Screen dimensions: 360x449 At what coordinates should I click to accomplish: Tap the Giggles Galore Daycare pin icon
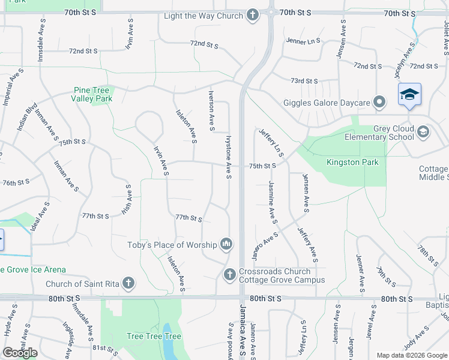click(x=379, y=103)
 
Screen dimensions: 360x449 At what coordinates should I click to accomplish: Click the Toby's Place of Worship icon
click(x=226, y=244)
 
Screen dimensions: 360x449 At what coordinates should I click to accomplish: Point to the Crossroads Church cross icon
click(x=229, y=275)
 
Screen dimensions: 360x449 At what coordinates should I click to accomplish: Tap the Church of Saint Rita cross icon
click(x=128, y=283)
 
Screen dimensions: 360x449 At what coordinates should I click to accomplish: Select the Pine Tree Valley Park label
click(x=92, y=94)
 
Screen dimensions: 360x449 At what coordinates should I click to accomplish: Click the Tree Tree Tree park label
click(x=154, y=337)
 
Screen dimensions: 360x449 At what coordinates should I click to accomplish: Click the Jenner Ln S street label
click(x=303, y=41)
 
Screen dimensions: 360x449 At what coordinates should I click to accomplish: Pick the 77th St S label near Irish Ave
click(x=95, y=216)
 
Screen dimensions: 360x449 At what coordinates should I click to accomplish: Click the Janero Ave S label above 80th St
click(x=264, y=247)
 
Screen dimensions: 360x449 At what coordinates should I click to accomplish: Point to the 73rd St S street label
click(x=304, y=81)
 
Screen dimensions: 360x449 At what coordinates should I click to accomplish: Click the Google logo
click(x=20, y=353)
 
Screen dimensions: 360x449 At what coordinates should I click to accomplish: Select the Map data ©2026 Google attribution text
click(x=411, y=355)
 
